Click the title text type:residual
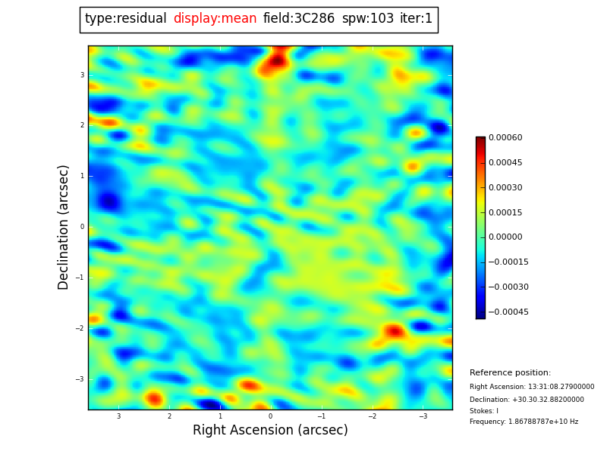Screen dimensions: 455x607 point(125,19)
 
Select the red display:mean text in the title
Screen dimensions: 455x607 point(215,19)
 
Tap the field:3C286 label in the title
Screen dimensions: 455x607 point(299,19)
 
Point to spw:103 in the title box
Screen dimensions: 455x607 point(367,19)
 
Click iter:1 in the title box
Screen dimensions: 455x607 point(416,19)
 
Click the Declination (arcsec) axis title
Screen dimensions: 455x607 point(64,227)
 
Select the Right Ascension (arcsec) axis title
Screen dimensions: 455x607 point(270,431)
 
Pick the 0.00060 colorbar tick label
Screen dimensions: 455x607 point(505,138)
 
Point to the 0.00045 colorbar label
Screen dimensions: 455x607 point(505,163)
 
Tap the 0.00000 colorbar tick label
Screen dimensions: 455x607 point(505,237)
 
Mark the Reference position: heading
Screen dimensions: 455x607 point(510,373)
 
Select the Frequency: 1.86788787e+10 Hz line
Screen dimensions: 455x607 point(524,422)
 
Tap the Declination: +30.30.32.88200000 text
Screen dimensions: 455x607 point(527,400)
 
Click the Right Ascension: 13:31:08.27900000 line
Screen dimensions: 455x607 point(532,387)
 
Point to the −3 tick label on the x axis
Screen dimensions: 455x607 point(423,416)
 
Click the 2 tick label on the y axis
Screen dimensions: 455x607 point(82,125)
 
